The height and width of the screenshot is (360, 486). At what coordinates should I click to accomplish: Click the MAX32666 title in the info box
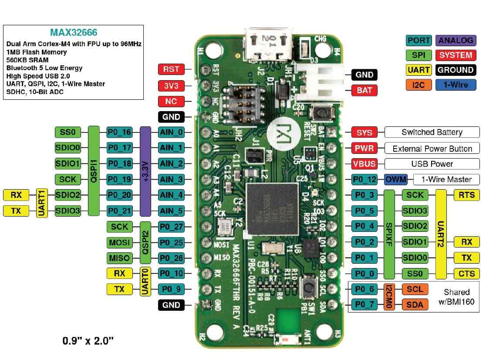74,33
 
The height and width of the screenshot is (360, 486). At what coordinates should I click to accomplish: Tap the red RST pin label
171,69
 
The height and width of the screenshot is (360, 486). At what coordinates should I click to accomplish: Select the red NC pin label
171,101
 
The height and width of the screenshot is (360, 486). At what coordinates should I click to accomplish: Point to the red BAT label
364,91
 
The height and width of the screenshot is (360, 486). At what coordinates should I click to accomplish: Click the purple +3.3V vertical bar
145,171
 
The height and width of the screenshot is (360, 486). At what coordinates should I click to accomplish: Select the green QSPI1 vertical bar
94,171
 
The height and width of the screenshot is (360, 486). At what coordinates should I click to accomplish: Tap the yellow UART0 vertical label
145,281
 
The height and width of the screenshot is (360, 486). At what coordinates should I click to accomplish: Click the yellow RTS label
466,195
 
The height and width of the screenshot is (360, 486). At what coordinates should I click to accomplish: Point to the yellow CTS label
466,274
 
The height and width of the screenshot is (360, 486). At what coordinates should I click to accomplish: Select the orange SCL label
415,289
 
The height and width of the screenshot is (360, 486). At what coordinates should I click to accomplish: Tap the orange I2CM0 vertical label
389,297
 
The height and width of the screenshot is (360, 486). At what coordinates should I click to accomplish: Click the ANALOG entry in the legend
455,41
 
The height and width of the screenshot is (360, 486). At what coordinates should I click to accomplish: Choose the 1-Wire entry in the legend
455,85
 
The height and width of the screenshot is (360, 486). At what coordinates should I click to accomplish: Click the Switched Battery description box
432,132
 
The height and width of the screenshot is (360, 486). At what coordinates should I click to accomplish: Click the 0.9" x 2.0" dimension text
88,340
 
